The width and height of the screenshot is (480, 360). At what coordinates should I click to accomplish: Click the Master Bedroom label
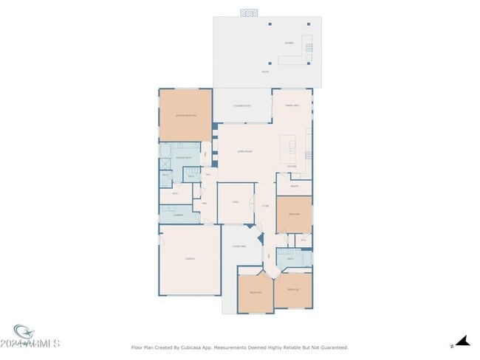pyautogui.click(x=185, y=116)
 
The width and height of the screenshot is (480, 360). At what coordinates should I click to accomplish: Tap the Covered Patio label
pyautogui.click(x=243, y=105)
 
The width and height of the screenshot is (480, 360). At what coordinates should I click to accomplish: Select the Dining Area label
pyautogui.click(x=292, y=105)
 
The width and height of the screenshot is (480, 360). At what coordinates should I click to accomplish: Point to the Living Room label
pyautogui.click(x=245, y=151)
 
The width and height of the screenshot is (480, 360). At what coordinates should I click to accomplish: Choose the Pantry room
pyautogui.click(x=293, y=186)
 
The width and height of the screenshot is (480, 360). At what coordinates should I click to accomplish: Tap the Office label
pyautogui.click(x=236, y=201)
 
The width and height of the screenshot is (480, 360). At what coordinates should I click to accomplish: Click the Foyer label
pyautogui.click(x=265, y=206)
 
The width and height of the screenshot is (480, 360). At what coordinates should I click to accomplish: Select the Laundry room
pyautogui.click(x=178, y=215)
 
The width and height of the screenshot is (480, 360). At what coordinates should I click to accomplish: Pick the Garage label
pyautogui.click(x=190, y=258)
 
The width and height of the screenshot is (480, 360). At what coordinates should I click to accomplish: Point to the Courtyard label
pyautogui.click(x=239, y=246)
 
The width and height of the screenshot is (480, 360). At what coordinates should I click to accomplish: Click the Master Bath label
pyautogui.click(x=183, y=157)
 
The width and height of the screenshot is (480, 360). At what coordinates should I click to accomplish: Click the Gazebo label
pyautogui.click(x=289, y=43)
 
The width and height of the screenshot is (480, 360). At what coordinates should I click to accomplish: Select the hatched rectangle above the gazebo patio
pyautogui.click(x=250, y=13)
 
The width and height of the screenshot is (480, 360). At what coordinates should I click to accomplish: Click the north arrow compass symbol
pyautogui.click(x=462, y=342)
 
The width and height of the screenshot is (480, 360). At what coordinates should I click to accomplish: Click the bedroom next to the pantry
pyautogui.click(x=294, y=213)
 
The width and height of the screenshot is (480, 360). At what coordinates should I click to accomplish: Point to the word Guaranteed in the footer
pyautogui.click(x=332, y=347)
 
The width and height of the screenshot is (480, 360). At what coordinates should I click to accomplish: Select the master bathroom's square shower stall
pyautogui.click(x=191, y=176)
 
